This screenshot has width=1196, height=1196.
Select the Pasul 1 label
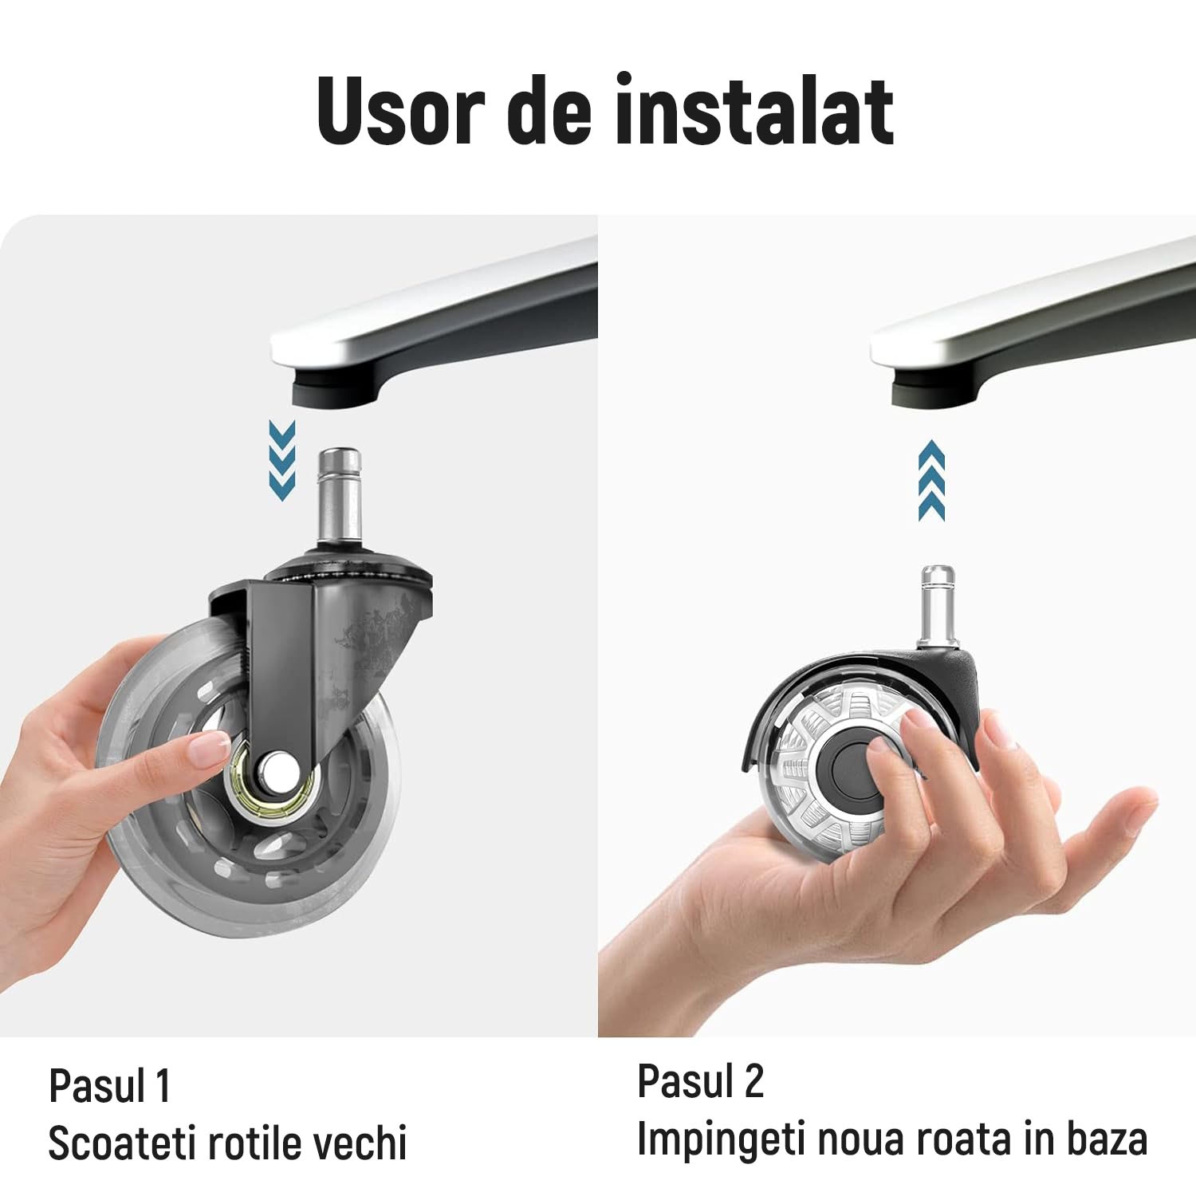click(x=110, y=1085)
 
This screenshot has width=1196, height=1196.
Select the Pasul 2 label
click(x=700, y=1081)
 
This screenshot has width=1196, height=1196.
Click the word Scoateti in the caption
click(x=122, y=1143)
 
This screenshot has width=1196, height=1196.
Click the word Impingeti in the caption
click(x=721, y=1138)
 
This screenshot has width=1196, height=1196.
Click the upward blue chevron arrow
click(x=931, y=480)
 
